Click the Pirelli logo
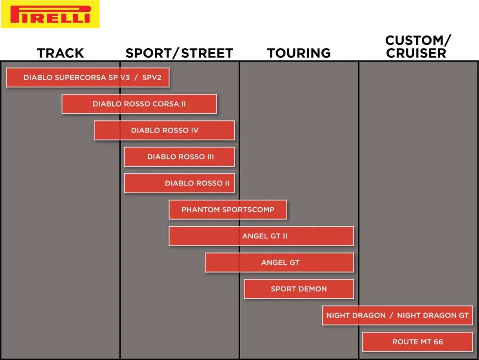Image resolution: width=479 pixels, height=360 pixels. (x=50, y=14)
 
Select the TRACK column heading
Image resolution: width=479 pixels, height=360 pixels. (x=60, y=53)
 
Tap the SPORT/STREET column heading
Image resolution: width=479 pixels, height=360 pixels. (x=180, y=53)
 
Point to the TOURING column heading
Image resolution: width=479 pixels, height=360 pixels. (x=299, y=53)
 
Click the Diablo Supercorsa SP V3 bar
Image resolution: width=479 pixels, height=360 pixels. (x=88, y=78)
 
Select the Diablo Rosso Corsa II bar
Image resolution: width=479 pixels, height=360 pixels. (x=139, y=104)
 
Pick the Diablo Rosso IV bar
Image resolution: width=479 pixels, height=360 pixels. (x=164, y=130)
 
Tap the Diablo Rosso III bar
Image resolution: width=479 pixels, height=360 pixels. (x=180, y=157)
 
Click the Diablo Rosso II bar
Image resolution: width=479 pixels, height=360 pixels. (x=180, y=183)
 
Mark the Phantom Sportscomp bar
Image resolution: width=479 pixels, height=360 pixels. (x=228, y=209)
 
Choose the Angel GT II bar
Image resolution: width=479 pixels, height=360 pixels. (x=261, y=236)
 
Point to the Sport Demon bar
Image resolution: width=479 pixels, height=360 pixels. (x=299, y=289)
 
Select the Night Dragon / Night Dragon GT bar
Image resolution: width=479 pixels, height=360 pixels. (x=397, y=315)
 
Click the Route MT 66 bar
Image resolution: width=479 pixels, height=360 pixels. (x=418, y=342)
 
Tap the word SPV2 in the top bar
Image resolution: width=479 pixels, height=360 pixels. (x=152, y=78)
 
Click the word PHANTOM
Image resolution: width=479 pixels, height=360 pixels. (x=201, y=209)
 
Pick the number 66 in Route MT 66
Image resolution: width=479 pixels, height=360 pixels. (x=438, y=342)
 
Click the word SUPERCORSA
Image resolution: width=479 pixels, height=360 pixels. (x=80, y=78)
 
